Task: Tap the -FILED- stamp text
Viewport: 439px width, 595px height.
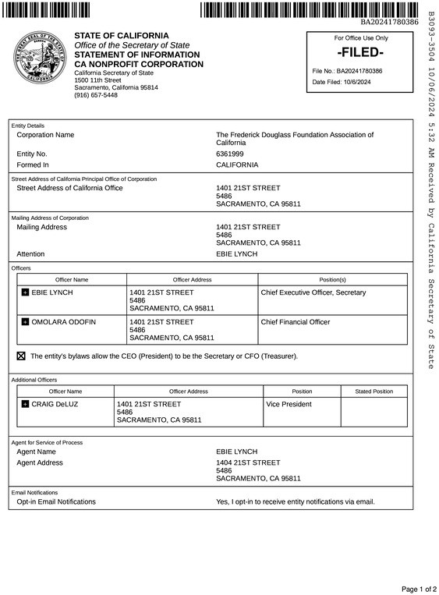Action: [x=360, y=52]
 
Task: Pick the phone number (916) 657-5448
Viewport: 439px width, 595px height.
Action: [x=96, y=95]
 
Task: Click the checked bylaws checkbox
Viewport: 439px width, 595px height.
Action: [x=21, y=356]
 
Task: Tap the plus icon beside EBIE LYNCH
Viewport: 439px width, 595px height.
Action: [x=25, y=292]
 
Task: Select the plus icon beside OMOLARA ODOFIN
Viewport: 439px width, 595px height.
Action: [x=25, y=321]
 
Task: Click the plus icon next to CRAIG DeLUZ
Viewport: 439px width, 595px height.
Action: [x=25, y=405]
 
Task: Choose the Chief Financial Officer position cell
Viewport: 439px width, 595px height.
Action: [x=296, y=321]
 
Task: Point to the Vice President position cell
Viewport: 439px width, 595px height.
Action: [x=289, y=404]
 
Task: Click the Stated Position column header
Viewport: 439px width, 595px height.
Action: [x=374, y=391]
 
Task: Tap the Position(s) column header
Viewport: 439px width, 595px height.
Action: [x=332, y=279]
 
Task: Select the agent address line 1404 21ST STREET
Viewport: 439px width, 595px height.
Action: [x=247, y=462]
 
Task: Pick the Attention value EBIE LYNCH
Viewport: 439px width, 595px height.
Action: [x=236, y=254]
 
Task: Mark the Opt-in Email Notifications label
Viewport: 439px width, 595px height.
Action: [x=56, y=501]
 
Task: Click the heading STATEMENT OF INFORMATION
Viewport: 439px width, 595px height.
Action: [x=136, y=55]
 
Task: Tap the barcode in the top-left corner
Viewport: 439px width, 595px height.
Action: [x=47, y=9]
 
